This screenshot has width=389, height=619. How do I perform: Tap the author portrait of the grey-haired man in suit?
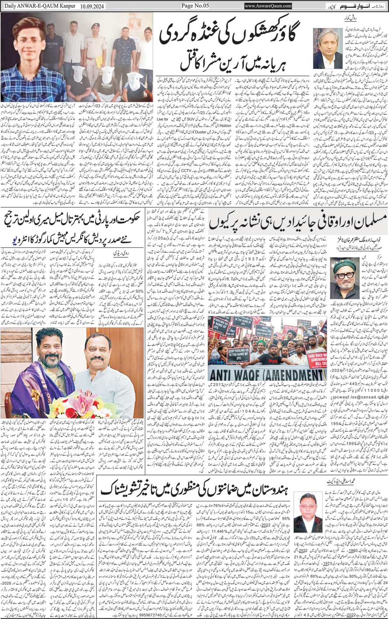tap(327, 49)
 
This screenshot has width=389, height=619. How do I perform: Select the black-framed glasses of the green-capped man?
tap(344, 276)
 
